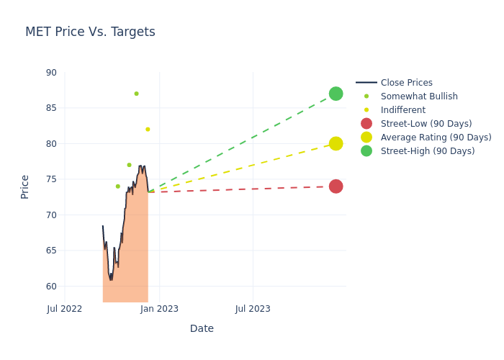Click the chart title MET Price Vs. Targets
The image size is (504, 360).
pos(90,32)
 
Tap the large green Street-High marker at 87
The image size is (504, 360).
pos(336,94)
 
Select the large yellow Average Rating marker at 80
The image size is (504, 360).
pos(336,143)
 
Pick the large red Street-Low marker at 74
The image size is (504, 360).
pos(336,186)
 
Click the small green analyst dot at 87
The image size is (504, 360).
pos(136,94)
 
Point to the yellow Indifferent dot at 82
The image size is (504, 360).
pos(148,130)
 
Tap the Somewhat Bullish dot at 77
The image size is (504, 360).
pos(129,165)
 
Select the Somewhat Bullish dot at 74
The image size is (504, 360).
pos(118,186)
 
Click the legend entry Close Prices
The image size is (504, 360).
pos(406,83)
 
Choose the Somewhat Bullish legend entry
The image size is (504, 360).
pos(419,96)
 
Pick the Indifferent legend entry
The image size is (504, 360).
pos(402,110)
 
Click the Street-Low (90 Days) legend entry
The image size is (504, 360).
pos(426,124)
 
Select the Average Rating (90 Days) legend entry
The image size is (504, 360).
pos(436,138)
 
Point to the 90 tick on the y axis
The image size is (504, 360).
pos(50,73)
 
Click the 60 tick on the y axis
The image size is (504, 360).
pos(50,287)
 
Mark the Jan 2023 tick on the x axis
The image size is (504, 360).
pos(159,309)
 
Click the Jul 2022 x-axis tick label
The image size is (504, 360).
pos(65,309)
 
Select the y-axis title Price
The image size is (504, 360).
pos(25,186)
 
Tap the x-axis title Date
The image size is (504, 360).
pos(202,328)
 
